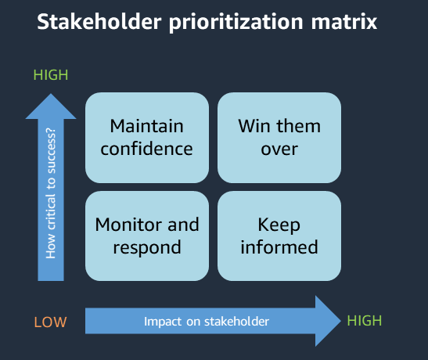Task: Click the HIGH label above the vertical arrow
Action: click(x=51, y=75)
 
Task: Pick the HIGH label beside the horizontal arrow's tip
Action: click(x=364, y=321)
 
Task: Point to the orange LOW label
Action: click(x=50, y=322)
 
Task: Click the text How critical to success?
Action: click(x=52, y=193)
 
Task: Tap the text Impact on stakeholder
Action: click(x=207, y=321)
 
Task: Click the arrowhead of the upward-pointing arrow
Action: click(x=52, y=105)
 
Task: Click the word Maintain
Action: click(x=146, y=126)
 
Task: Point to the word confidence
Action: click(x=146, y=148)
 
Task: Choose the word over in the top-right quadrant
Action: click(x=279, y=148)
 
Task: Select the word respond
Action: click(x=146, y=247)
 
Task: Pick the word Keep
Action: click(x=279, y=225)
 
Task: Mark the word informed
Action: click(x=279, y=247)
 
